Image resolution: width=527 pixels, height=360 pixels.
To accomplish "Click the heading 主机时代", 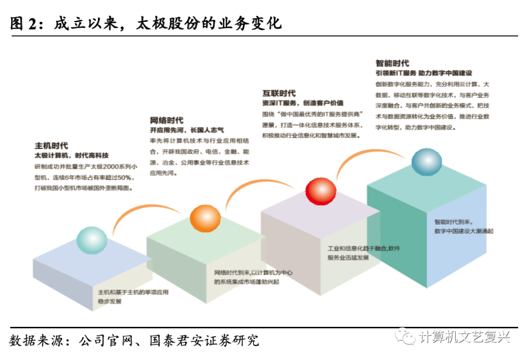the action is click(51, 145).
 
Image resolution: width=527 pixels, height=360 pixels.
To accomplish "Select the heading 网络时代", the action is click(166, 120).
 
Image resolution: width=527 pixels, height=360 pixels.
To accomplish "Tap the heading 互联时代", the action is click(279, 93).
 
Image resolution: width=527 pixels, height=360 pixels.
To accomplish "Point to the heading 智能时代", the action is click(392, 63).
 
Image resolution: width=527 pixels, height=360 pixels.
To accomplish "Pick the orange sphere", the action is click(205, 219).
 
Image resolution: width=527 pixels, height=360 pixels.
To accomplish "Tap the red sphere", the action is click(321, 192).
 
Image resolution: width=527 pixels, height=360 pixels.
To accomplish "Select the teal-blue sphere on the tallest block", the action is click(426, 163).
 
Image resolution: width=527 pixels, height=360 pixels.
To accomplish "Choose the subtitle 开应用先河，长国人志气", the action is click(186, 130).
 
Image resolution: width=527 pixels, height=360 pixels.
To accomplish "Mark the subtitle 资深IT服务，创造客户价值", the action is click(303, 103).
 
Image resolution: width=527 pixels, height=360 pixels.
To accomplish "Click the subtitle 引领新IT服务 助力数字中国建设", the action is click(424, 73).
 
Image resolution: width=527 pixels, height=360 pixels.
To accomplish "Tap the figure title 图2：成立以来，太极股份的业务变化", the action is click(146, 23).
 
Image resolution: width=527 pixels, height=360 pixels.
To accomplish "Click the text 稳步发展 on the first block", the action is click(109, 302).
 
